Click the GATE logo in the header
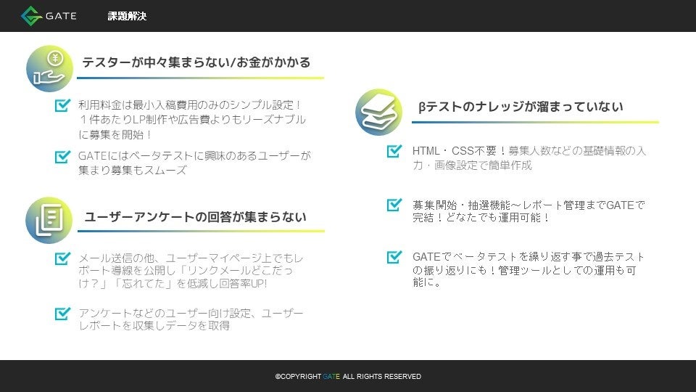click(49, 16)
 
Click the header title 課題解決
click(127, 16)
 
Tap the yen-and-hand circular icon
click(49, 68)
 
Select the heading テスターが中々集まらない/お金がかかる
click(196, 62)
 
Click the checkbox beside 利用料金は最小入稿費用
click(62, 106)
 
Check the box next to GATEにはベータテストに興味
click(62, 156)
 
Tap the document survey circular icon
click(49, 220)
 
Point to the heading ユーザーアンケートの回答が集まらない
click(195, 216)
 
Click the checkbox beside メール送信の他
click(62, 258)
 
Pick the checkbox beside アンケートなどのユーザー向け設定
click(62, 314)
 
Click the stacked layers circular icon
click(378, 111)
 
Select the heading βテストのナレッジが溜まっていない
click(521, 107)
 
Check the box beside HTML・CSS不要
click(394, 151)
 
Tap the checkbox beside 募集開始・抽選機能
click(394, 205)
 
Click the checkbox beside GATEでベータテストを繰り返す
click(394, 257)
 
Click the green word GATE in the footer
click(331, 377)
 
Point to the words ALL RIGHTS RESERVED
click(382, 377)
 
